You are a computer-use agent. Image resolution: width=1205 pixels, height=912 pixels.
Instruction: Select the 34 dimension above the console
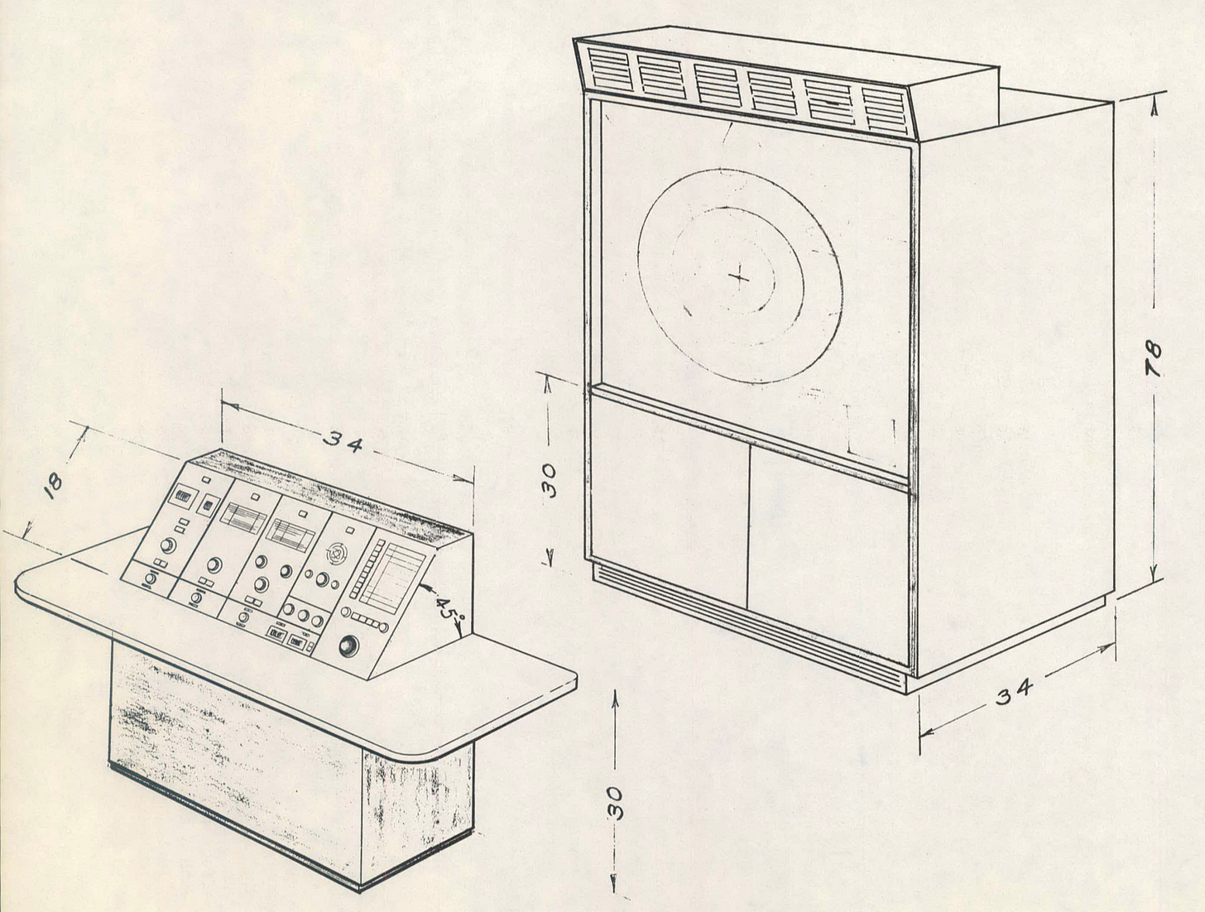pyautogui.click(x=343, y=443)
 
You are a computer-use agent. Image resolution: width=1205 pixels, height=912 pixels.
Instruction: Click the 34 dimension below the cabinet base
pyautogui.click(x=1015, y=691)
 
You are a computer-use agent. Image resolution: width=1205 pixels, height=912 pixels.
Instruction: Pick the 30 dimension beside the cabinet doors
pyautogui.click(x=550, y=479)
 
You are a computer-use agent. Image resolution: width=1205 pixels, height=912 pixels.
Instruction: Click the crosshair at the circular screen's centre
pyautogui.click(x=739, y=278)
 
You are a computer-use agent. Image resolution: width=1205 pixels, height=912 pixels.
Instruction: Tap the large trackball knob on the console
pyautogui.click(x=348, y=645)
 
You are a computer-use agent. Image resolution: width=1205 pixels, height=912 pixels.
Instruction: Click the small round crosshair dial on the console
pyautogui.click(x=335, y=552)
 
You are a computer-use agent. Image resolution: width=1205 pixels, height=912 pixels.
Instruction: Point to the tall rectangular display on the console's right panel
pyautogui.click(x=394, y=574)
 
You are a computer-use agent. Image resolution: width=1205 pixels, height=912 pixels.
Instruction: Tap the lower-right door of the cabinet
pyautogui.click(x=828, y=563)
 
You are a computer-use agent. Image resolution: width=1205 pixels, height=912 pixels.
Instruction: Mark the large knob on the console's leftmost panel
pyautogui.click(x=168, y=545)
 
